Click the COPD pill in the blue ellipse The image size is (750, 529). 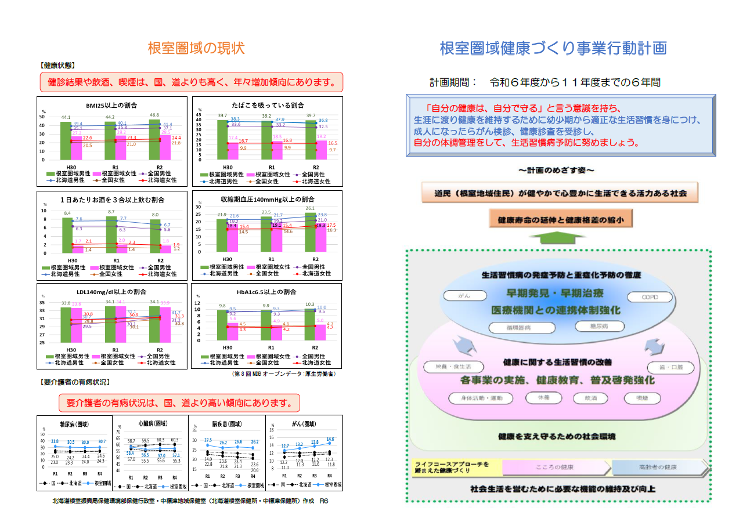[x=650, y=298]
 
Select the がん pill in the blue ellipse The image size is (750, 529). [x=464, y=296]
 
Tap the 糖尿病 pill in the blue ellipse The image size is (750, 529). [x=600, y=326]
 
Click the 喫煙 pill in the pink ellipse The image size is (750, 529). [x=641, y=398]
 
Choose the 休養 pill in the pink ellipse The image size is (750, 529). [x=544, y=398]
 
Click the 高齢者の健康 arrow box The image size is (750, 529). [x=661, y=467]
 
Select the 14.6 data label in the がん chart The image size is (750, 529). [x=330, y=439]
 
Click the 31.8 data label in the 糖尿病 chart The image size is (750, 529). [x=55, y=442]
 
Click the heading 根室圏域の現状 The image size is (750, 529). [x=196, y=48]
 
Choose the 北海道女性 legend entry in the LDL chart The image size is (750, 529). [x=158, y=363]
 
